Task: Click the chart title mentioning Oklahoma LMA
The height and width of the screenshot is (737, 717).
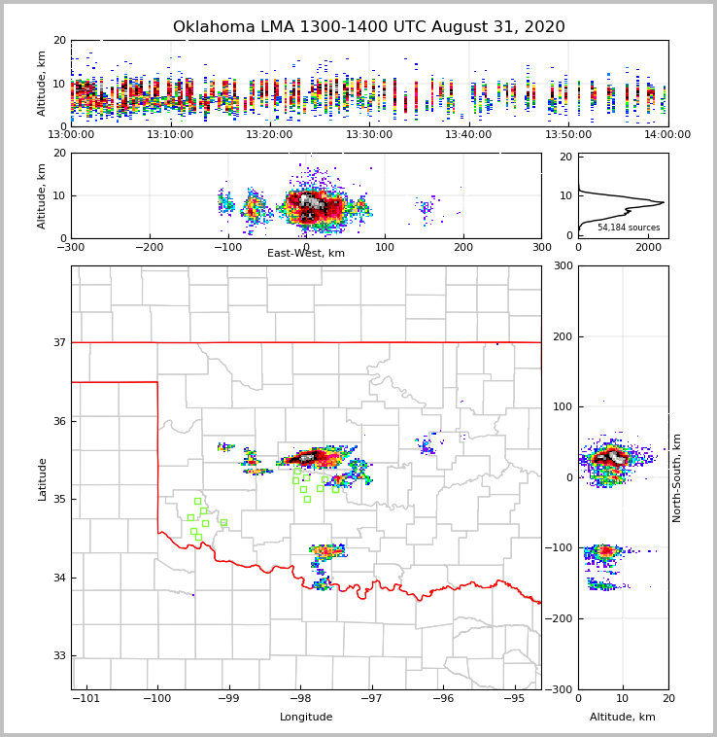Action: point(368,27)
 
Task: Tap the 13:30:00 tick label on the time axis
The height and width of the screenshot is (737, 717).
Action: point(368,135)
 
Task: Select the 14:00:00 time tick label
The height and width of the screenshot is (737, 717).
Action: point(667,135)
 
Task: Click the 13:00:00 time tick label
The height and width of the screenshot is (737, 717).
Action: point(71,135)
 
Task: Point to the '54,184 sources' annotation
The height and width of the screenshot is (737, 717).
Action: point(629,228)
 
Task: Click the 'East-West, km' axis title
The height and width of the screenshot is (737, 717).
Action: point(306,254)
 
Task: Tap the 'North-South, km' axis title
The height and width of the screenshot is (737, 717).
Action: point(677,477)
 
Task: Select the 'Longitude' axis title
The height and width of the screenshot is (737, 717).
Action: point(306,718)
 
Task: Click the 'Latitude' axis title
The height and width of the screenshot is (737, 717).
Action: point(42,478)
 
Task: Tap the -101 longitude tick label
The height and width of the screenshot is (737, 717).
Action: point(85,698)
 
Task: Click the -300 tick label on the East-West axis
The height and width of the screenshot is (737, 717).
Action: point(71,247)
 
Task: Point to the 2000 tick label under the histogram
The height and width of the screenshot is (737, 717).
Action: point(648,247)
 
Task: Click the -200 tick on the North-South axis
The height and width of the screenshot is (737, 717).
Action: point(561,618)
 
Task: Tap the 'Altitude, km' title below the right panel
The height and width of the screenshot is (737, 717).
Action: point(623,718)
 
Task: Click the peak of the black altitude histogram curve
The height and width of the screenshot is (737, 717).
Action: point(664,202)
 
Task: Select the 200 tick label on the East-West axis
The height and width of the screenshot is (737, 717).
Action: point(463,247)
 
